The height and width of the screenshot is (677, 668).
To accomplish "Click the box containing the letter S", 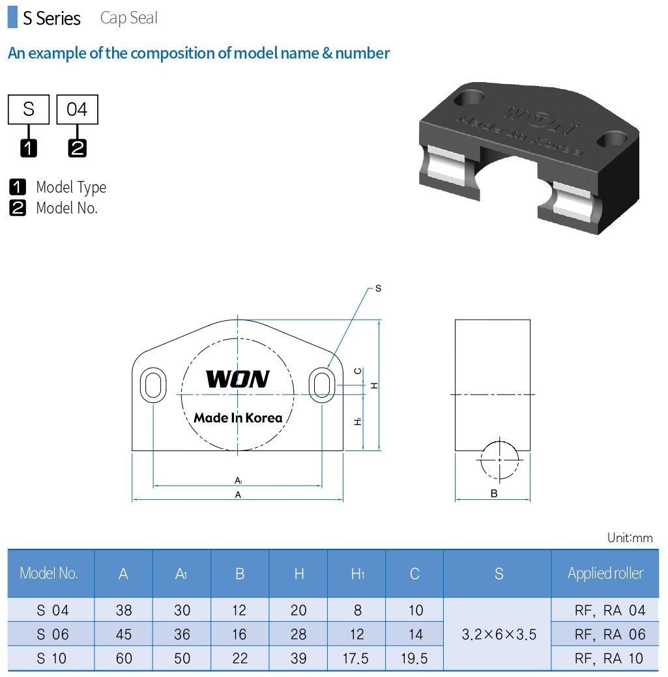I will tap(29, 109).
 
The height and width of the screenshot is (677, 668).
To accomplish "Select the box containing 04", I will tap(77, 109).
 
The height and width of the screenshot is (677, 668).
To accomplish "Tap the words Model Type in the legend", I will tap(70, 187).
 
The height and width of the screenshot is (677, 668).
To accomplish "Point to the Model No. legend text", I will tap(66, 208).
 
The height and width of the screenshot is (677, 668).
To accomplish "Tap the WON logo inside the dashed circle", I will tap(237, 379).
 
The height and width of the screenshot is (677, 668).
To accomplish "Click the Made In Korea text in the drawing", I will tap(238, 418).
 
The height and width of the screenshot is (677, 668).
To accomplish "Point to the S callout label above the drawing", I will tap(378, 287).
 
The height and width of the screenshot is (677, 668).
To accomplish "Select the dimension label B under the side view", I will tap(494, 493).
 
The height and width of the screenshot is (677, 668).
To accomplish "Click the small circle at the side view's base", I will tap(499, 460).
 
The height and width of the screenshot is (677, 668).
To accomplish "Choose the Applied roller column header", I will tap(605, 573).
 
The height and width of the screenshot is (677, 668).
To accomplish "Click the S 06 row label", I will tap(52, 634).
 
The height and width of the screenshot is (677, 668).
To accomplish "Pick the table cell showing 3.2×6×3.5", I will tap(499, 634).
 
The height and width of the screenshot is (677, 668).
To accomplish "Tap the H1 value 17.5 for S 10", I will tap(356, 658).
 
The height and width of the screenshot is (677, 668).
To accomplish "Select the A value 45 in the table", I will tap(123, 634).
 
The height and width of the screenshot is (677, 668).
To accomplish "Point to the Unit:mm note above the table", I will tap(629, 538).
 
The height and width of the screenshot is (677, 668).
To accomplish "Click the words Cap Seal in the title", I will tap(129, 18).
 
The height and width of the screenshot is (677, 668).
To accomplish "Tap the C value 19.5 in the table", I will tap(414, 658).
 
